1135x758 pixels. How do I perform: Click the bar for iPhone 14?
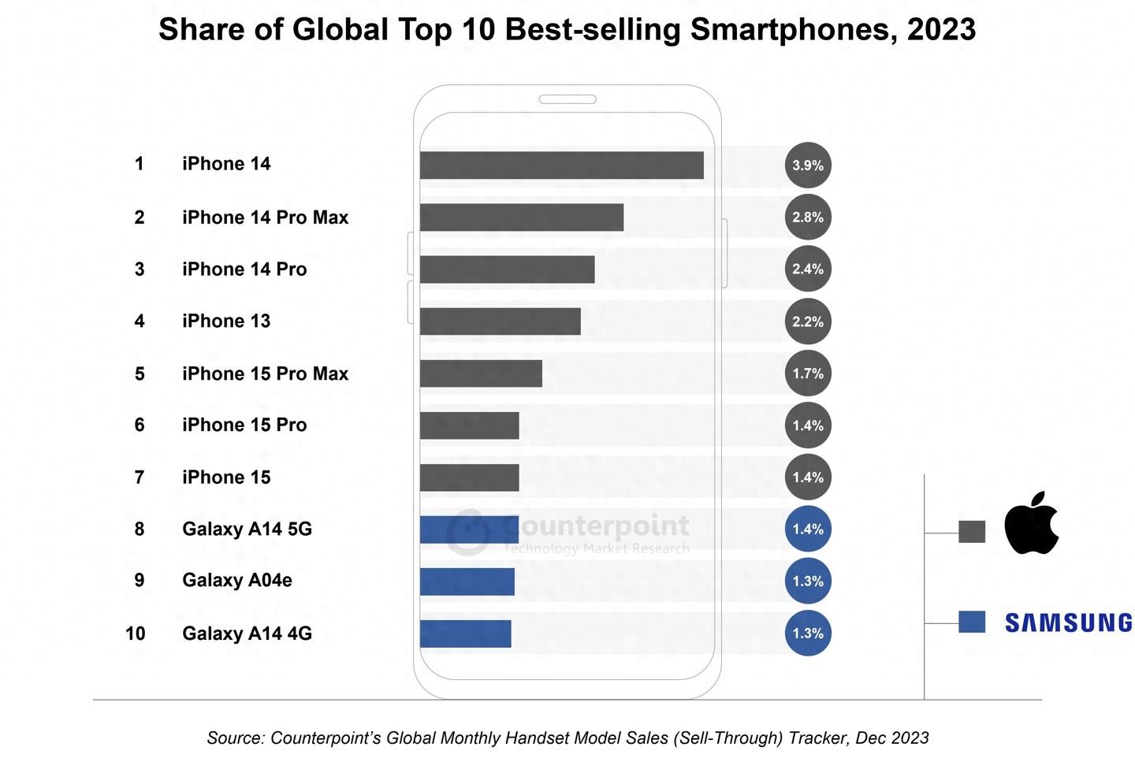(561, 165)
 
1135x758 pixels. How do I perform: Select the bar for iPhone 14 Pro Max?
(521, 217)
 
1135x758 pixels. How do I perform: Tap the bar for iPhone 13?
(500, 321)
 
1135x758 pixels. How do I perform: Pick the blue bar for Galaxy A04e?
(467, 582)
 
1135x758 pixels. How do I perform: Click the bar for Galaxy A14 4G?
(465, 634)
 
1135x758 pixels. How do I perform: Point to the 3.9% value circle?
(808, 165)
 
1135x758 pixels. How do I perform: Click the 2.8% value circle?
(808, 217)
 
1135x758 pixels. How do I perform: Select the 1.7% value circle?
(808, 373)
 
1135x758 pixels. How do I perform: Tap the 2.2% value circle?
(808, 321)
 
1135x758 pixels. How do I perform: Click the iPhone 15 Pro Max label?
(265, 373)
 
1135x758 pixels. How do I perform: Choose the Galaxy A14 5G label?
(247, 529)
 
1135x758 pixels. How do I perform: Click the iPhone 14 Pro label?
(244, 269)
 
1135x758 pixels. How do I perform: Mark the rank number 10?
(136, 634)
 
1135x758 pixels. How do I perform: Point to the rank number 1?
(140, 164)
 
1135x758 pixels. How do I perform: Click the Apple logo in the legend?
(1032, 524)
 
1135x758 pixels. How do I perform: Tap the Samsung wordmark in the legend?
(1068, 622)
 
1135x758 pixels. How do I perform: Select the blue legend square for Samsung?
(972, 622)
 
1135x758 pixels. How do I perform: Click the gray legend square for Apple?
(972, 532)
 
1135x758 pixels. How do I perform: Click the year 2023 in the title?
(941, 30)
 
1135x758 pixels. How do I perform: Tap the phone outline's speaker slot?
(567, 99)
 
